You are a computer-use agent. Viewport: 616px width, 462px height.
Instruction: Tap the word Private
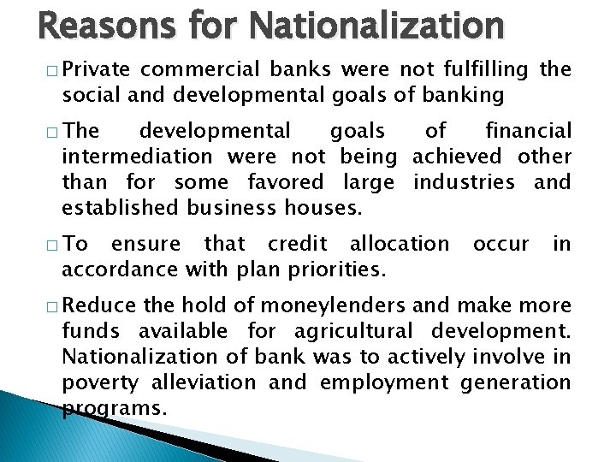(x=96, y=70)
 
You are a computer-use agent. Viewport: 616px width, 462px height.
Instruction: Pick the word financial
(x=528, y=131)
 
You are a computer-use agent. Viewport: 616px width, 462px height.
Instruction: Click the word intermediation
(x=137, y=157)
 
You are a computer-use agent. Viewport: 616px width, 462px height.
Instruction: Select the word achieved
(x=457, y=157)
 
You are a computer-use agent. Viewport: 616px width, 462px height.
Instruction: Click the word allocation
(x=400, y=244)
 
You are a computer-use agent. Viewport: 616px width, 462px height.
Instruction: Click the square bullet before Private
(x=53, y=71)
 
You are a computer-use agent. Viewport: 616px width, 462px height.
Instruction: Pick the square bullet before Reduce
(x=53, y=307)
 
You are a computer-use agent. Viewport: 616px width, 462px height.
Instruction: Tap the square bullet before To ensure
(x=53, y=245)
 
